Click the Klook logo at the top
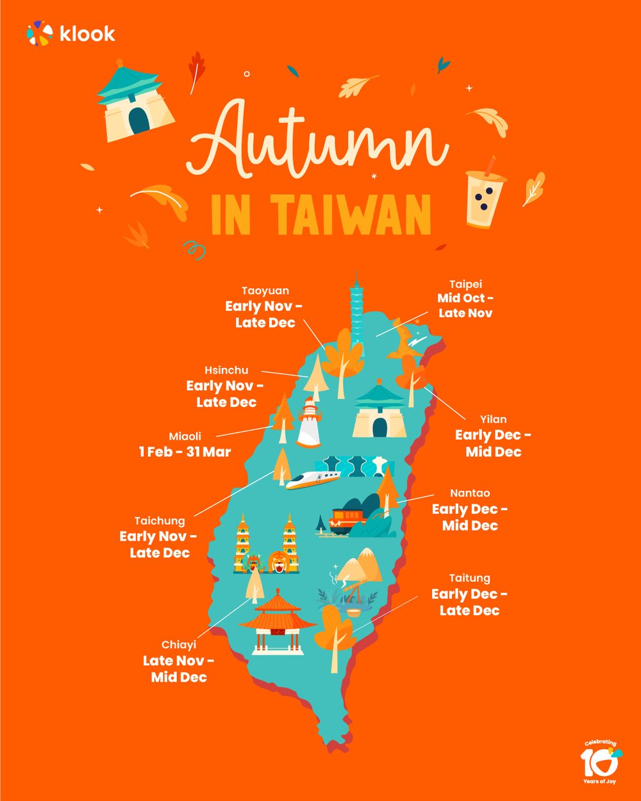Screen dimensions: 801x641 pos(71,33)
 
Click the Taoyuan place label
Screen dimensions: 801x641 pos(265,291)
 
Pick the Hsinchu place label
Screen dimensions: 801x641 pos(226,370)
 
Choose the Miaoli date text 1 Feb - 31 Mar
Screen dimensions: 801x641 pos(185,452)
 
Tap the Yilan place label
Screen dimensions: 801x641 pos(493,419)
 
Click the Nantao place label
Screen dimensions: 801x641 pos(470,493)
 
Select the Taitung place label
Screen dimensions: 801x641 pos(469,578)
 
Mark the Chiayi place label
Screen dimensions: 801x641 pos(179,645)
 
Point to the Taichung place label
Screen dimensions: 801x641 pos(160,521)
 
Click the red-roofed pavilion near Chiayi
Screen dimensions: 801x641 pos(277,622)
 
